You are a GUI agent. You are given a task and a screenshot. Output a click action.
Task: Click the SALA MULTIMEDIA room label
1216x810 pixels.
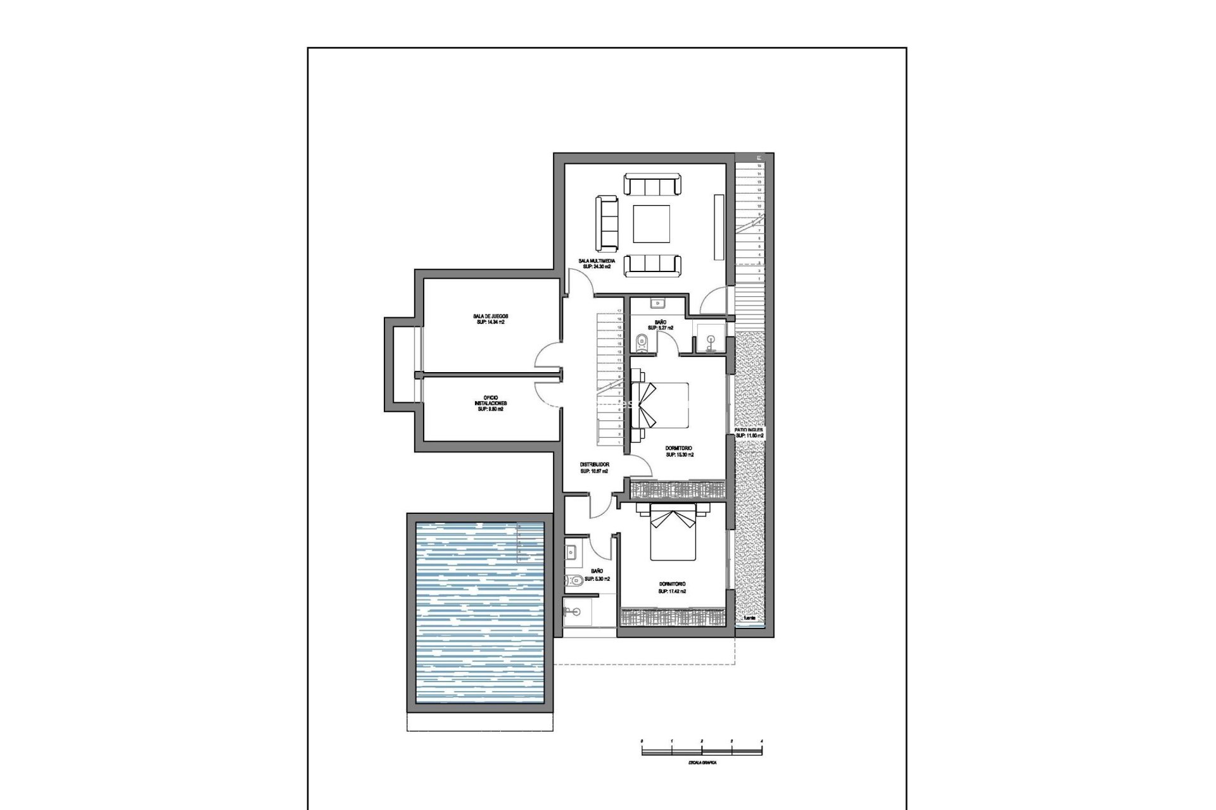pos(597,261)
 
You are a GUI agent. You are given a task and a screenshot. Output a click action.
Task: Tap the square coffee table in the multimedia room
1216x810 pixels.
pos(652,224)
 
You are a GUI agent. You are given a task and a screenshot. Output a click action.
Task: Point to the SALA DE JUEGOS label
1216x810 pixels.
pos(490,316)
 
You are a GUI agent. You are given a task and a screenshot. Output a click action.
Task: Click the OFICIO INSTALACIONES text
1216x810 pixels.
pos(490,403)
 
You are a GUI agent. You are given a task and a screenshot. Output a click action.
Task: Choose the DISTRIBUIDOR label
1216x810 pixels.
pos(594,464)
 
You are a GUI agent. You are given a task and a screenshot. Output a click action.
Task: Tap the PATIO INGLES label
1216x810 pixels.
pos(749,430)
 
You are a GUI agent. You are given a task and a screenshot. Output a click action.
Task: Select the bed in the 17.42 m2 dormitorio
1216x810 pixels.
pos(673,535)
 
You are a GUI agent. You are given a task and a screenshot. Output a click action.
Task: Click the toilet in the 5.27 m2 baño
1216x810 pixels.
pos(642,342)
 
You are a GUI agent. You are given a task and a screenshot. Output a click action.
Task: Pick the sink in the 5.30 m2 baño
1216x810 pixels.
pos(572,552)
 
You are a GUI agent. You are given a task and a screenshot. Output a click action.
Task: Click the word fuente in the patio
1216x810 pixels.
pos(749,618)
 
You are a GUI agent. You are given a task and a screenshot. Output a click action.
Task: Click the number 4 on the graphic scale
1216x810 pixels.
pos(761,740)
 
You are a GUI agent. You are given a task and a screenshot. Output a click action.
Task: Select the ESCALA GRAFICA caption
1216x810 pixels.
pos(702,763)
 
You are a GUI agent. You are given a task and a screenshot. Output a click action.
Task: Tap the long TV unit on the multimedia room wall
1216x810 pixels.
pos(718,226)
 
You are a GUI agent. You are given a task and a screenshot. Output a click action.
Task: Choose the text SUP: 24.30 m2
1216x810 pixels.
pos(597,267)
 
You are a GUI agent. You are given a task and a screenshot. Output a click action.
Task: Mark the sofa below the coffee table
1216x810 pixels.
pos(652,265)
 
